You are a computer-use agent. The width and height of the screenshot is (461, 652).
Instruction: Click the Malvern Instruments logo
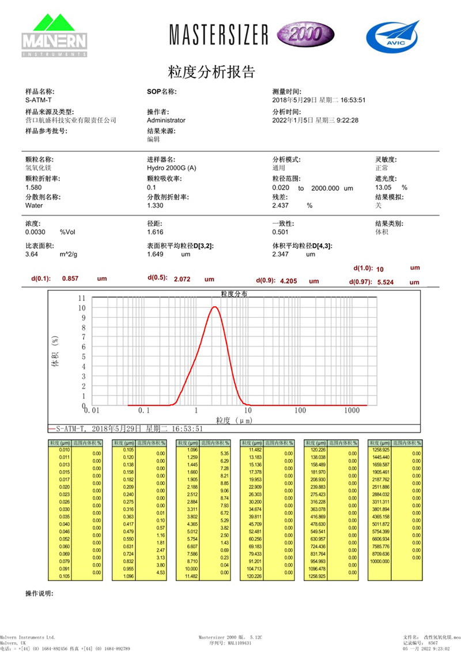coord(54,35)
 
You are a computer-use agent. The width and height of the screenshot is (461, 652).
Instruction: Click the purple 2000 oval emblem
coord(303,34)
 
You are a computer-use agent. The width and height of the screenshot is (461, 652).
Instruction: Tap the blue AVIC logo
coord(392,34)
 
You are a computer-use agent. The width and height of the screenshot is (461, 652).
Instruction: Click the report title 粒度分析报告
coord(211,73)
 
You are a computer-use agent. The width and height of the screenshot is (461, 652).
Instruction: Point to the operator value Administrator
coord(166,120)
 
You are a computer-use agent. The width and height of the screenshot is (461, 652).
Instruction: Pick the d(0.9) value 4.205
coord(291,281)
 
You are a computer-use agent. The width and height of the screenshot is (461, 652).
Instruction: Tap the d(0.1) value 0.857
coord(70,278)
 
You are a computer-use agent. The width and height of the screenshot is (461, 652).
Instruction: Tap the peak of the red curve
coord(215,307)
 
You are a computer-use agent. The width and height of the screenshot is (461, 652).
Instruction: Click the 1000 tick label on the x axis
coord(352,410)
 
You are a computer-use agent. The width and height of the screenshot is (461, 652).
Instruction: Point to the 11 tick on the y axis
coord(81,298)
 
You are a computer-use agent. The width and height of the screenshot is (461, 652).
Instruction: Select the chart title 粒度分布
coord(234,293)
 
